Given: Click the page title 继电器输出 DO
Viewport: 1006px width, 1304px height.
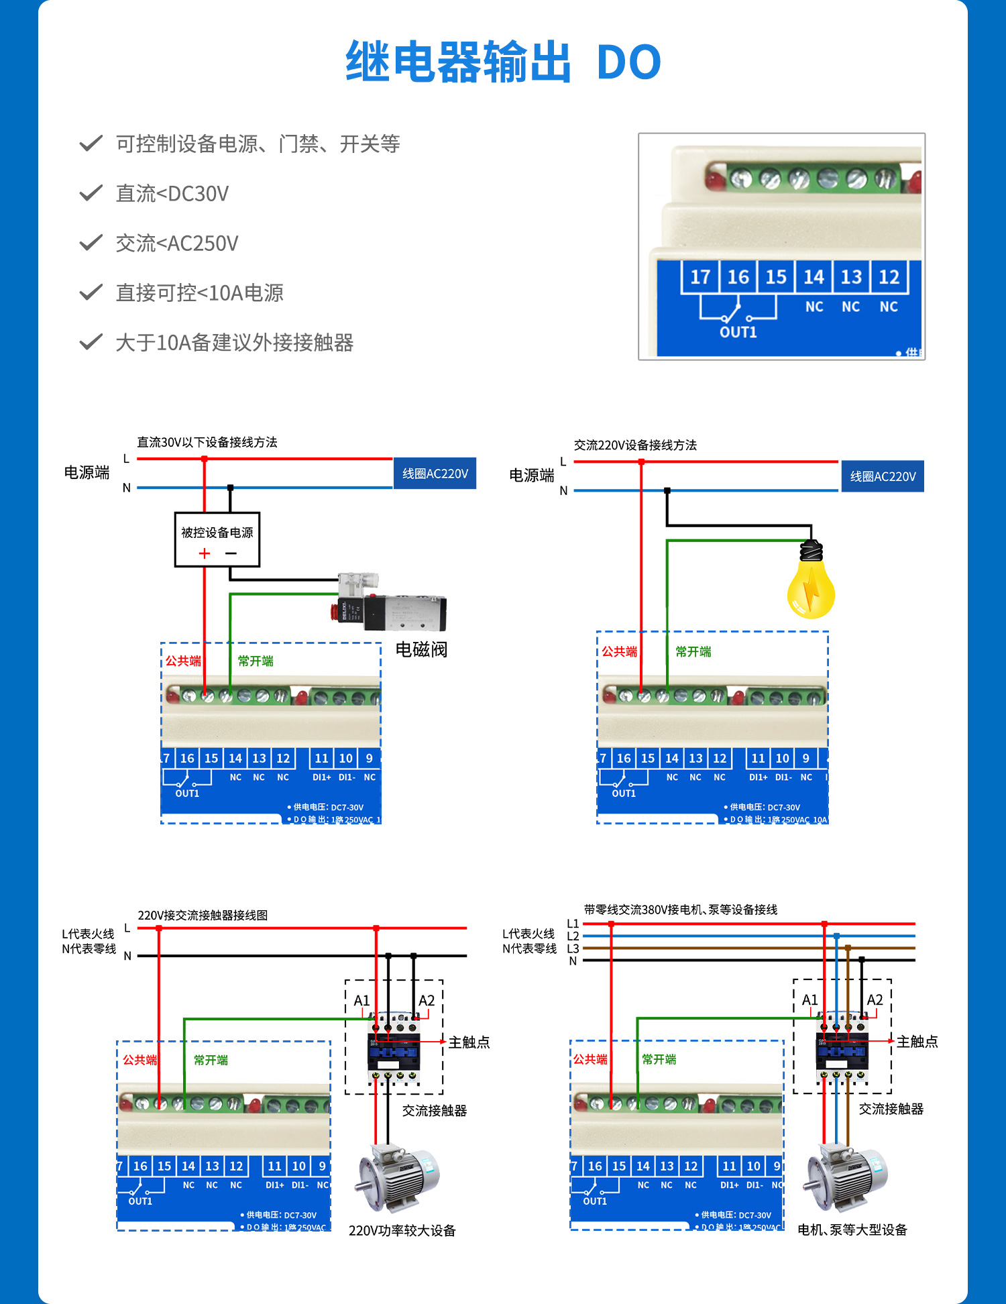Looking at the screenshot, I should tap(503, 62).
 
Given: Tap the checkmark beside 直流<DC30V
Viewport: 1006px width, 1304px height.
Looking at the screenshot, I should tap(91, 193).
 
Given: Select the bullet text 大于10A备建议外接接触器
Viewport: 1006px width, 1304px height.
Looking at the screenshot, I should tap(234, 343).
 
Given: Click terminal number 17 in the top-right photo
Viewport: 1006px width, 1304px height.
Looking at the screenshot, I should tap(700, 277).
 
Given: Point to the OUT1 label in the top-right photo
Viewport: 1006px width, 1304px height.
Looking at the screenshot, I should tap(738, 332).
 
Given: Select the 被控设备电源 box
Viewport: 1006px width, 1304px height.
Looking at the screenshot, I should tap(217, 540).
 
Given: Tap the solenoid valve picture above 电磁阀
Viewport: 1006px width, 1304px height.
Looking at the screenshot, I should tap(390, 602).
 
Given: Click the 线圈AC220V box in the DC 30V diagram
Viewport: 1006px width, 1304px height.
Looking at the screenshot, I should tap(435, 474).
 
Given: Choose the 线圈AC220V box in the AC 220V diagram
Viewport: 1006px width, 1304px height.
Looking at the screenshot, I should tap(882, 476).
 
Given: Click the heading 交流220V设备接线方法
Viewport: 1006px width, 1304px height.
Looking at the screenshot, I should tap(634, 445).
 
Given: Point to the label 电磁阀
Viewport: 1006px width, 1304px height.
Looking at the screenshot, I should tap(421, 649).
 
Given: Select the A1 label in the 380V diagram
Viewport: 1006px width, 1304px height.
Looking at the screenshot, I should tap(809, 1000).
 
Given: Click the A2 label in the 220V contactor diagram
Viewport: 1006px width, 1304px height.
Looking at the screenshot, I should tap(427, 1001).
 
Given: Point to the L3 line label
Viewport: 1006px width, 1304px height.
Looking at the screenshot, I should tap(573, 948).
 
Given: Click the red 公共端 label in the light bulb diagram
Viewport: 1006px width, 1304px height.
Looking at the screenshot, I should tap(618, 651).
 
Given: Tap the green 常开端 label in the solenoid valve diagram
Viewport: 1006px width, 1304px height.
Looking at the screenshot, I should tap(256, 661).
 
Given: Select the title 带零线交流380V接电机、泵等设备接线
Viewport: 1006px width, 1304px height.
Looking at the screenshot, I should tap(680, 910).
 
